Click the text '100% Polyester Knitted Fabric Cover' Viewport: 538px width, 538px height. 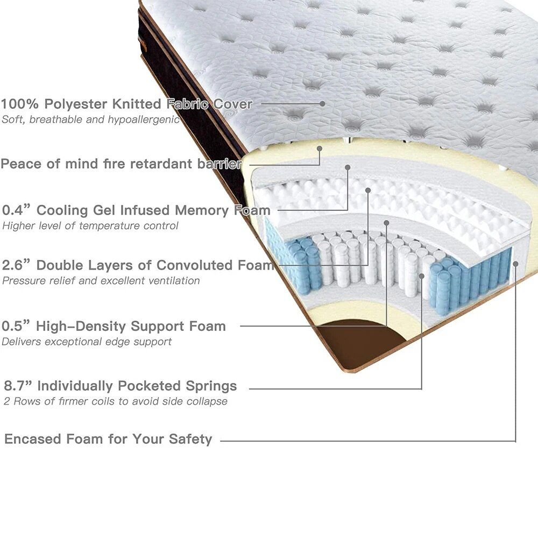[126, 104]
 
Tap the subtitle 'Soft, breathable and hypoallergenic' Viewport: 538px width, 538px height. [90, 119]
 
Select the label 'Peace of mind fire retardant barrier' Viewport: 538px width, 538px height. [121, 164]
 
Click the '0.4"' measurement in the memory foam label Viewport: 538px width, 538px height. [16, 210]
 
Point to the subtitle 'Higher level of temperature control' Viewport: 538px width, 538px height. [90, 226]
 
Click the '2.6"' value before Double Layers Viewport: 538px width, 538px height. [17, 265]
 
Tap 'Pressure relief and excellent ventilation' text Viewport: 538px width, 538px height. [101, 281]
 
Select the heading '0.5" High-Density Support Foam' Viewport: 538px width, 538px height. [114, 326]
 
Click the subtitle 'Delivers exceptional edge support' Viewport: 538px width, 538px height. [87, 342]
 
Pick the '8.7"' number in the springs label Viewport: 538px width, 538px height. [18, 386]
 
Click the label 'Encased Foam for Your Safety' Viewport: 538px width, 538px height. [109, 439]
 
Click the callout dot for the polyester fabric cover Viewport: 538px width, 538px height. [322, 103]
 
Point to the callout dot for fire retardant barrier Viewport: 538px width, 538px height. [320, 148]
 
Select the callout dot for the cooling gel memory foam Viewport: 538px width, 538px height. [348, 167]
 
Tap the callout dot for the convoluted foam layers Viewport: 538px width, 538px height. [368, 190]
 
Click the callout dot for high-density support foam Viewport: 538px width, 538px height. [386, 223]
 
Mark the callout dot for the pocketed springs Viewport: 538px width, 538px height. [422, 276]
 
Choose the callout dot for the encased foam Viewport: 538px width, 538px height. [515, 263]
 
